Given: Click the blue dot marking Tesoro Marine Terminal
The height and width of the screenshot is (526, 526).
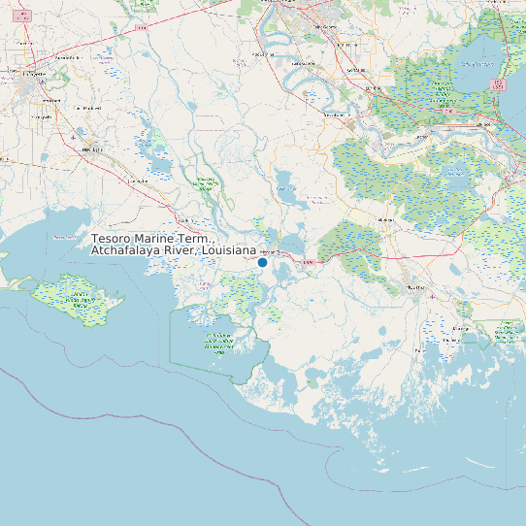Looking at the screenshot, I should pyautogui.click(x=262, y=262).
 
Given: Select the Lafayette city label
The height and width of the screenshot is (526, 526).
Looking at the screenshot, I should pyautogui.click(x=38, y=74).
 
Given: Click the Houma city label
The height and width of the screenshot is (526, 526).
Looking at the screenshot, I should pyautogui.click(x=416, y=287).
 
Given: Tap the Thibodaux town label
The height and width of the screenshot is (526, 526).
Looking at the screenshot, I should pyautogui.click(x=386, y=221).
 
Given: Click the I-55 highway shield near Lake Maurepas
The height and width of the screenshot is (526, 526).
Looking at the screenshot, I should pyautogui.click(x=499, y=84).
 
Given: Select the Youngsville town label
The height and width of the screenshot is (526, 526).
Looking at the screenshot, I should pyautogui.click(x=44, y=115).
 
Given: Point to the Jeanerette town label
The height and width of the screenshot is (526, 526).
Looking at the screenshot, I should pyautogui.click(x=139, y=181).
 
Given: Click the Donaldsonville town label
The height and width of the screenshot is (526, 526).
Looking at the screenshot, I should pyautogui.click(x=337, y=114).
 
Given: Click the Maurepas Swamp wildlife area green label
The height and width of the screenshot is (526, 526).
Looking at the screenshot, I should pyautogui.click(x=442, y=97).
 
